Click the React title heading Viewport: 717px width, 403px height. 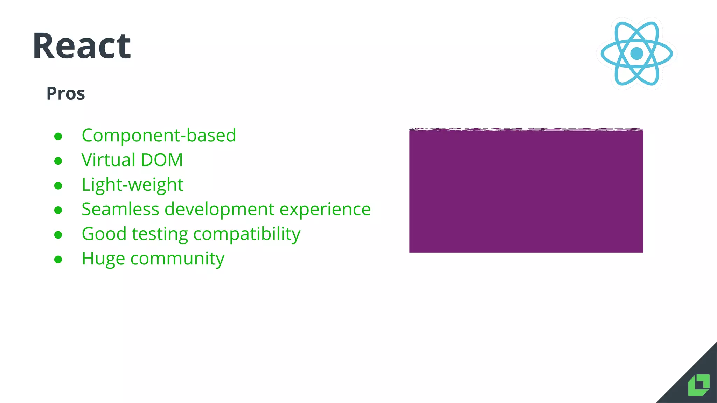pyautogui.click(x=82, y=46)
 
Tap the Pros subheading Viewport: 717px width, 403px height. pyautogui.click(x=66, y=93)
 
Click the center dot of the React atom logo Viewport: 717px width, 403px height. pyautogui.click(x=636, y=54)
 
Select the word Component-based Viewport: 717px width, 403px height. pyautogui.click(x=159, y=135)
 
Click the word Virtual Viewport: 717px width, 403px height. pyautogui.click(x=108, y=160)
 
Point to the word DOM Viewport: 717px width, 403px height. pyautogui.click(x=162, y=160)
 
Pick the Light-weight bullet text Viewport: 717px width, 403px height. pyautogui.click(x=132, y=185)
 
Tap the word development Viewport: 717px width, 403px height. pyautogui.click(x=219, y=209)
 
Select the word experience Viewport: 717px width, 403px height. pyautogui.click(x=325, y=209)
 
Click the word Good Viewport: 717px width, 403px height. pyautogui.click(x=104, y=234)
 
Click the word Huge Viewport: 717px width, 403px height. pyautogui.click(x=103, y=259)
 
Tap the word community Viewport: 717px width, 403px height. pyautogui.click(x=177, y=259)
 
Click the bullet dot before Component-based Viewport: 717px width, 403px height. pyautogui.click(x=58, y=136)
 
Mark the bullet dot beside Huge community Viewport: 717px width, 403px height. pyautogui.click(x=58, y=260)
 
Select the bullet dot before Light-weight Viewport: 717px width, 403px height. pyautogui.click(x=58, y=185)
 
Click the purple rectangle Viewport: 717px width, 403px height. pyautogui.click(x=526, y=191)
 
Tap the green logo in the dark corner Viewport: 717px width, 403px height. pyautogui.click(x=699, y=385)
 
